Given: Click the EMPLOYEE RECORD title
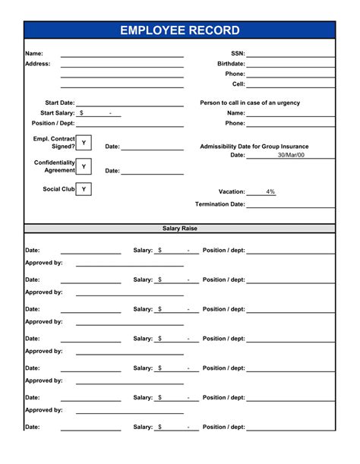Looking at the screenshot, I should pos(179,30).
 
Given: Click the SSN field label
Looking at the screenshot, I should pos(237,54).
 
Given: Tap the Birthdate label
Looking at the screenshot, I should pos(231,64).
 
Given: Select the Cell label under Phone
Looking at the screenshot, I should pos(238,84).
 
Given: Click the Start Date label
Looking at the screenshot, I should pos(60,103).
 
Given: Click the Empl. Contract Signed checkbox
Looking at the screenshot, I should pos(84,143).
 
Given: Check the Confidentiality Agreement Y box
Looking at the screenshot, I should pos(84,167).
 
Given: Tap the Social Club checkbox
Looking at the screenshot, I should pos(84,189).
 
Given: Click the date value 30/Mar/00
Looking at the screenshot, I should pos(290,155).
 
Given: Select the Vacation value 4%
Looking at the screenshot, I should pos(270,192).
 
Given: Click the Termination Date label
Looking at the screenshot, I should pos(219,204).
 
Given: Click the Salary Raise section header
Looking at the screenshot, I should pos(179,228).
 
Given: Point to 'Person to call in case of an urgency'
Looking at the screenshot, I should pos(250,103).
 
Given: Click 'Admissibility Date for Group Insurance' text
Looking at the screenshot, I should pos(254,147).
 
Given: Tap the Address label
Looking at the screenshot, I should pos(37,64).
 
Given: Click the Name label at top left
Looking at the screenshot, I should pos(33,54).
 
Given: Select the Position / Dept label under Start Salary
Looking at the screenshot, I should pos(53,123).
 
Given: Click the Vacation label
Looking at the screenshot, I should pos(232,192).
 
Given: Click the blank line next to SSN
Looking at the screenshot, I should pos(290,55).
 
